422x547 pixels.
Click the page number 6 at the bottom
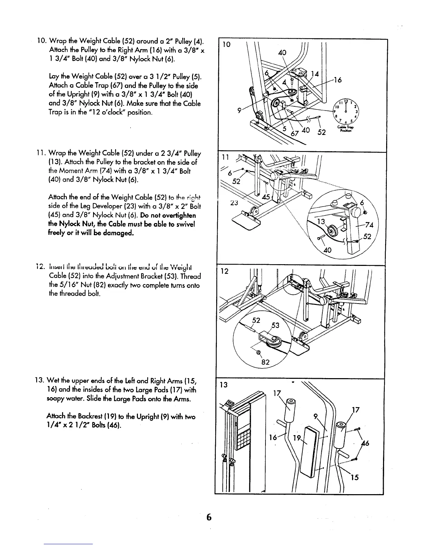click(x=208, y=517)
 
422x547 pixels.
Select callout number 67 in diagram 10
click(x=294, y=133)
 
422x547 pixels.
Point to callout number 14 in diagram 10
click(x=314, y=74)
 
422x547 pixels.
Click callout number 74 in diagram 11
click(x=370, y=225)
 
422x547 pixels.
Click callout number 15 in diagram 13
click(x=355, y=478)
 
